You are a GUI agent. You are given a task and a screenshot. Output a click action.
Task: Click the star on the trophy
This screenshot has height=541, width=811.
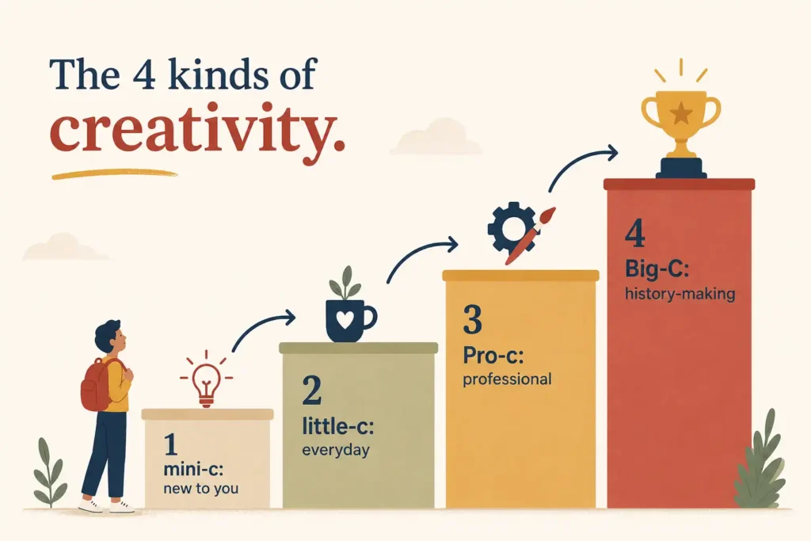click(x=680, y=112)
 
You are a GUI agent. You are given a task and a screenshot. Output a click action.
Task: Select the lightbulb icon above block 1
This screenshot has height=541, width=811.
click(x=207, y=383)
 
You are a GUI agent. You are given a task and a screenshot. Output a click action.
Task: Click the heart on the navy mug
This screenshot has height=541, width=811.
click(x=345, y=321)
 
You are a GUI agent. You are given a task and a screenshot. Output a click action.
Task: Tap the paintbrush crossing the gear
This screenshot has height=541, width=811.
click(x=530, y=235)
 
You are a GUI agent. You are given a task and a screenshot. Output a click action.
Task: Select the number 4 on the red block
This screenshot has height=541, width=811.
click(x=635, y=234)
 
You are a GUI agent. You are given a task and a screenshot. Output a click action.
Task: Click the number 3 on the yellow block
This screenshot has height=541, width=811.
click(x=472, y=319)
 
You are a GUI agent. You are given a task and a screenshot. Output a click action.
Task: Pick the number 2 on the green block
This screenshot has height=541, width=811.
click(x=312, y=391)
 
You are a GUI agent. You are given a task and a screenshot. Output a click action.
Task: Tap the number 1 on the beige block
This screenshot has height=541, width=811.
click(x=171, y=444)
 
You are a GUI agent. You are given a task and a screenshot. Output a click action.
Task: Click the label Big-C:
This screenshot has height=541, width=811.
click(x=657, y=269)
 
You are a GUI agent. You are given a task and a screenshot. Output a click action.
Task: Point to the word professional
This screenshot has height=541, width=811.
click(x=507, y=379)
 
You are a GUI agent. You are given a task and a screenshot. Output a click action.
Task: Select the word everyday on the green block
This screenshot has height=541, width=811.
click(x=336, y=450)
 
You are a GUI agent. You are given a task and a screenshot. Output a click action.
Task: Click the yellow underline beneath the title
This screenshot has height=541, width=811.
click(x=115, y=174)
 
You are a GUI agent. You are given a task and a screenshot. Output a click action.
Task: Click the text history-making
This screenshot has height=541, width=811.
click(x=680, y=294)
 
